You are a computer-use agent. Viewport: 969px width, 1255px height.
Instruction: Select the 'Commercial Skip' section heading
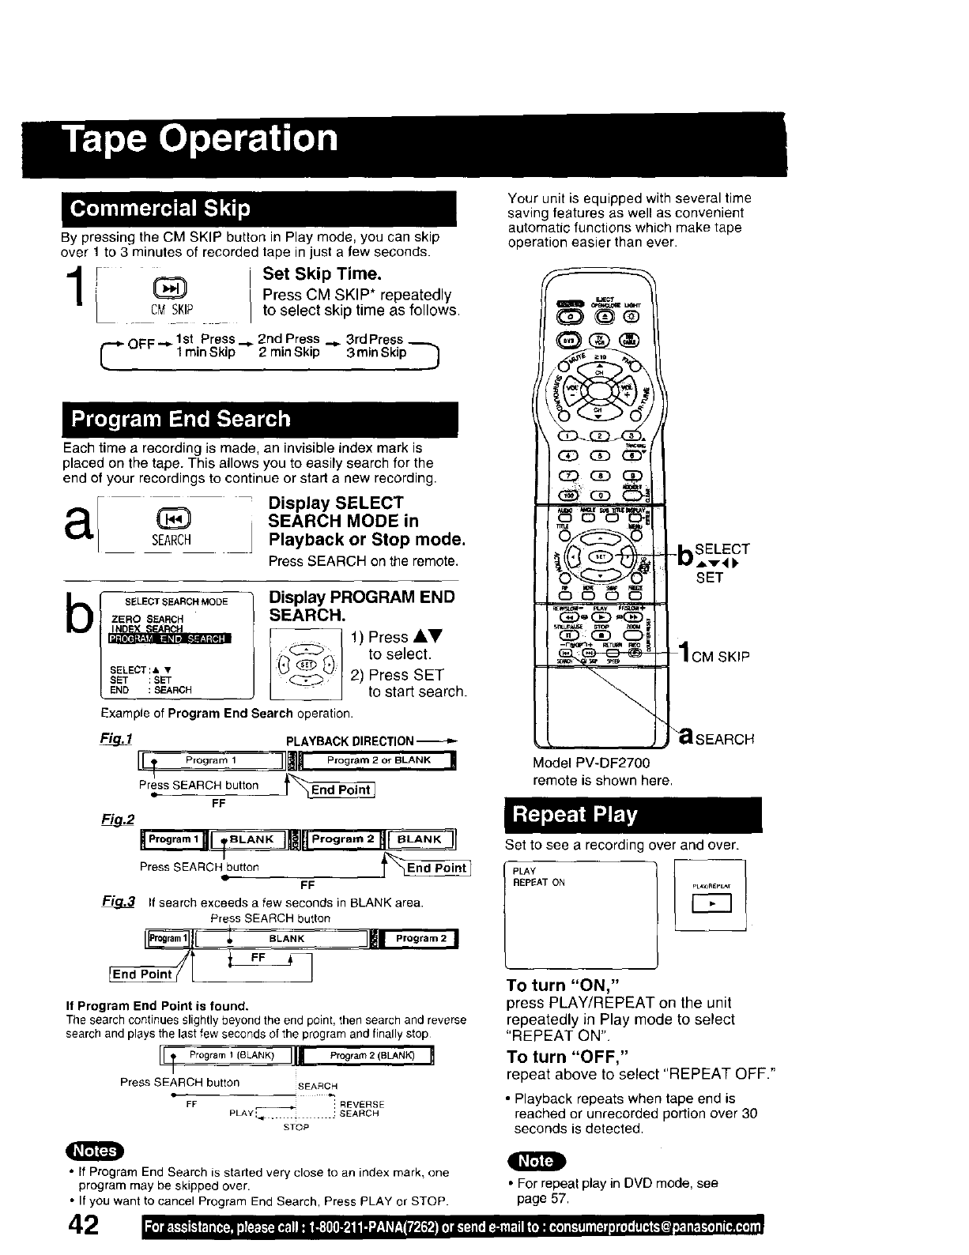160,209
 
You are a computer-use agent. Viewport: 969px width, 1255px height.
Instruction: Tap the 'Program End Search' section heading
180,419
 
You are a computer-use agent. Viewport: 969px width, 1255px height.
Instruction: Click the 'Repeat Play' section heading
574,815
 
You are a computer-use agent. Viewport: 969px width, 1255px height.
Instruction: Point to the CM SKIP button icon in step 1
172,288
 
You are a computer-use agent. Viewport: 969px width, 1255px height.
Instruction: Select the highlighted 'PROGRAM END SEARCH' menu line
168,639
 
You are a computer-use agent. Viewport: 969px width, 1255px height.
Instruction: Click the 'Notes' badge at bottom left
95,1151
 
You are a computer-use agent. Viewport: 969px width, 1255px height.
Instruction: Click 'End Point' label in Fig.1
341,790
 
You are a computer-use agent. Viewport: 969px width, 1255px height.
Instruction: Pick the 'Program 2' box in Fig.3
421,938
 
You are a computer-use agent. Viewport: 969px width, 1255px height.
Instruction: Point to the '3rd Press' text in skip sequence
375,339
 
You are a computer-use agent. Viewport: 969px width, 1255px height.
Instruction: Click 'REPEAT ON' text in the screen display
539,883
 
